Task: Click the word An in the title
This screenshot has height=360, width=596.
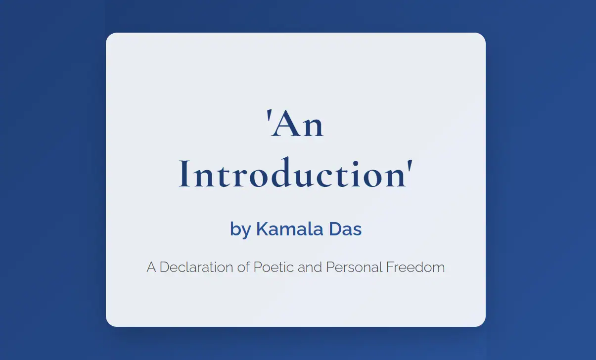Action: (299, 126)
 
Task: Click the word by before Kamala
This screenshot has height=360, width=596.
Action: (240, 230)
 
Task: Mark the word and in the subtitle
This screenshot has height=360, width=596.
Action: (311, 268)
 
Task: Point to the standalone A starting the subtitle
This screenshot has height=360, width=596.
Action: (151, 268)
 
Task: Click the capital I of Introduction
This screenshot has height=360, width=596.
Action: (184, 175)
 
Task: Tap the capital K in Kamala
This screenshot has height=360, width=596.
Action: (262, 229)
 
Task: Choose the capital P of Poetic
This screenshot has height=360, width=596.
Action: (257, 268)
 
